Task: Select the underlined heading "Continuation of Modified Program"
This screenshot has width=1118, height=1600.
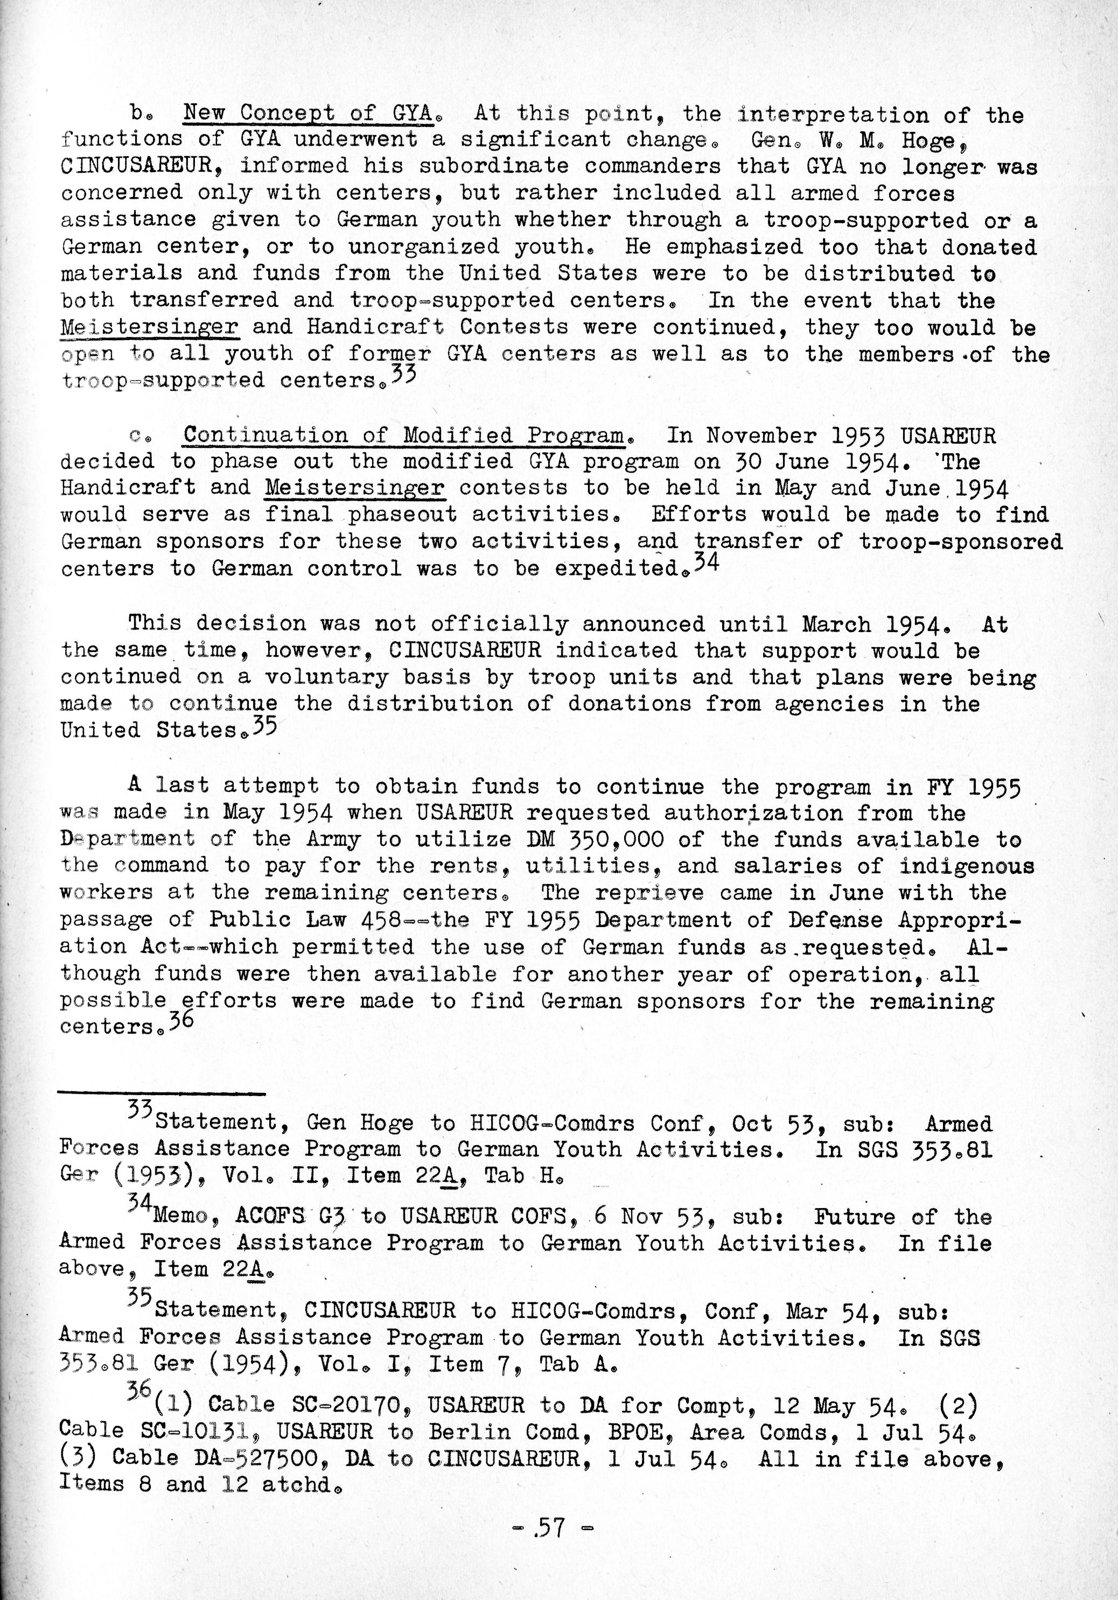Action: point(403,435)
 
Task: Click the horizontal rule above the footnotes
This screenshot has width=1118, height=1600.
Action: point(162,1094)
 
